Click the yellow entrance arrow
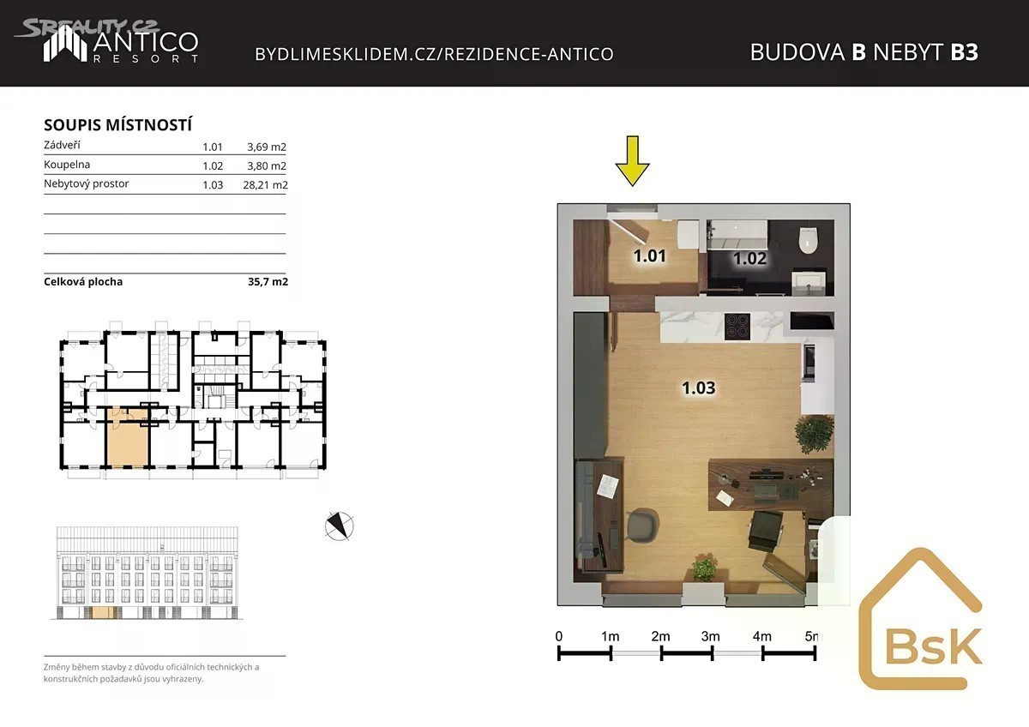[x=633, y=160]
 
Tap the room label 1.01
[x=650, y=255]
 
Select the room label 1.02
[x=749, y=259]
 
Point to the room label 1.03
[x=699, y=388]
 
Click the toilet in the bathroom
[x=808, y=240]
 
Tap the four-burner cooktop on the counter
[x=737, y=326]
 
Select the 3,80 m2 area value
[x=267, y=165]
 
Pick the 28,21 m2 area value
[x=265, y=184]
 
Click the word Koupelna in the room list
[x=67, y=165]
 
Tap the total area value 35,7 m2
[x=268, y=281]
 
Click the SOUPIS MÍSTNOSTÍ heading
[x=118, y=125]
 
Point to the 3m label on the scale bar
[x=710, y=636]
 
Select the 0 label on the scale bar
[x=558, y=636]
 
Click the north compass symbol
[x=339, y=526]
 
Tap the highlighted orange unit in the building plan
[x=128, y=437]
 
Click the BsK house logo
[x=921, y=619]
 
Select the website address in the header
[x=434, y=54]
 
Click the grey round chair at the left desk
[x=642, y=525]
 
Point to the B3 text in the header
[x=964, y=52]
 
